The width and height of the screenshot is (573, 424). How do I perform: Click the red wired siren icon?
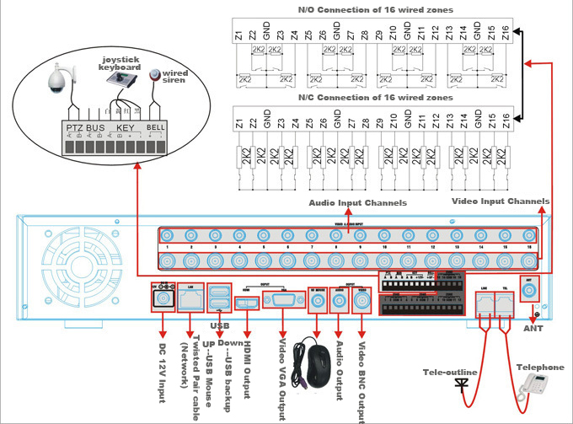coord(154,75)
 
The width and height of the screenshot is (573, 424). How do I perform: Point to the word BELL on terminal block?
coord(156,127)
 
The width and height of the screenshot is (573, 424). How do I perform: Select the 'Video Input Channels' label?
coord(500,201)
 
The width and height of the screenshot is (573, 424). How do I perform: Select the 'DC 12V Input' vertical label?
coord(163,370)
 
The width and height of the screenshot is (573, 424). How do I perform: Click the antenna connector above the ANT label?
coord(530,293)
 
